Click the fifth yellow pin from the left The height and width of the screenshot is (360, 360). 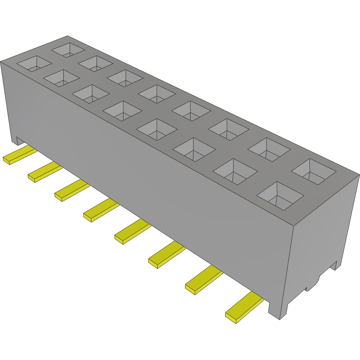[x=131, y=232]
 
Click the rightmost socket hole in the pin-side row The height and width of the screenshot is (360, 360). [x=280, y=196]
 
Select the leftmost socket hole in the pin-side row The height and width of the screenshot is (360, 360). [x=34, y=63]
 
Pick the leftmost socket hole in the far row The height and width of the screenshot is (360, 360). [x=67, y=49]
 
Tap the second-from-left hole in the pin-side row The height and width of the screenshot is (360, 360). [x=62, y=78]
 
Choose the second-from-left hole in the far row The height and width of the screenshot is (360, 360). [x=95, y=63]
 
